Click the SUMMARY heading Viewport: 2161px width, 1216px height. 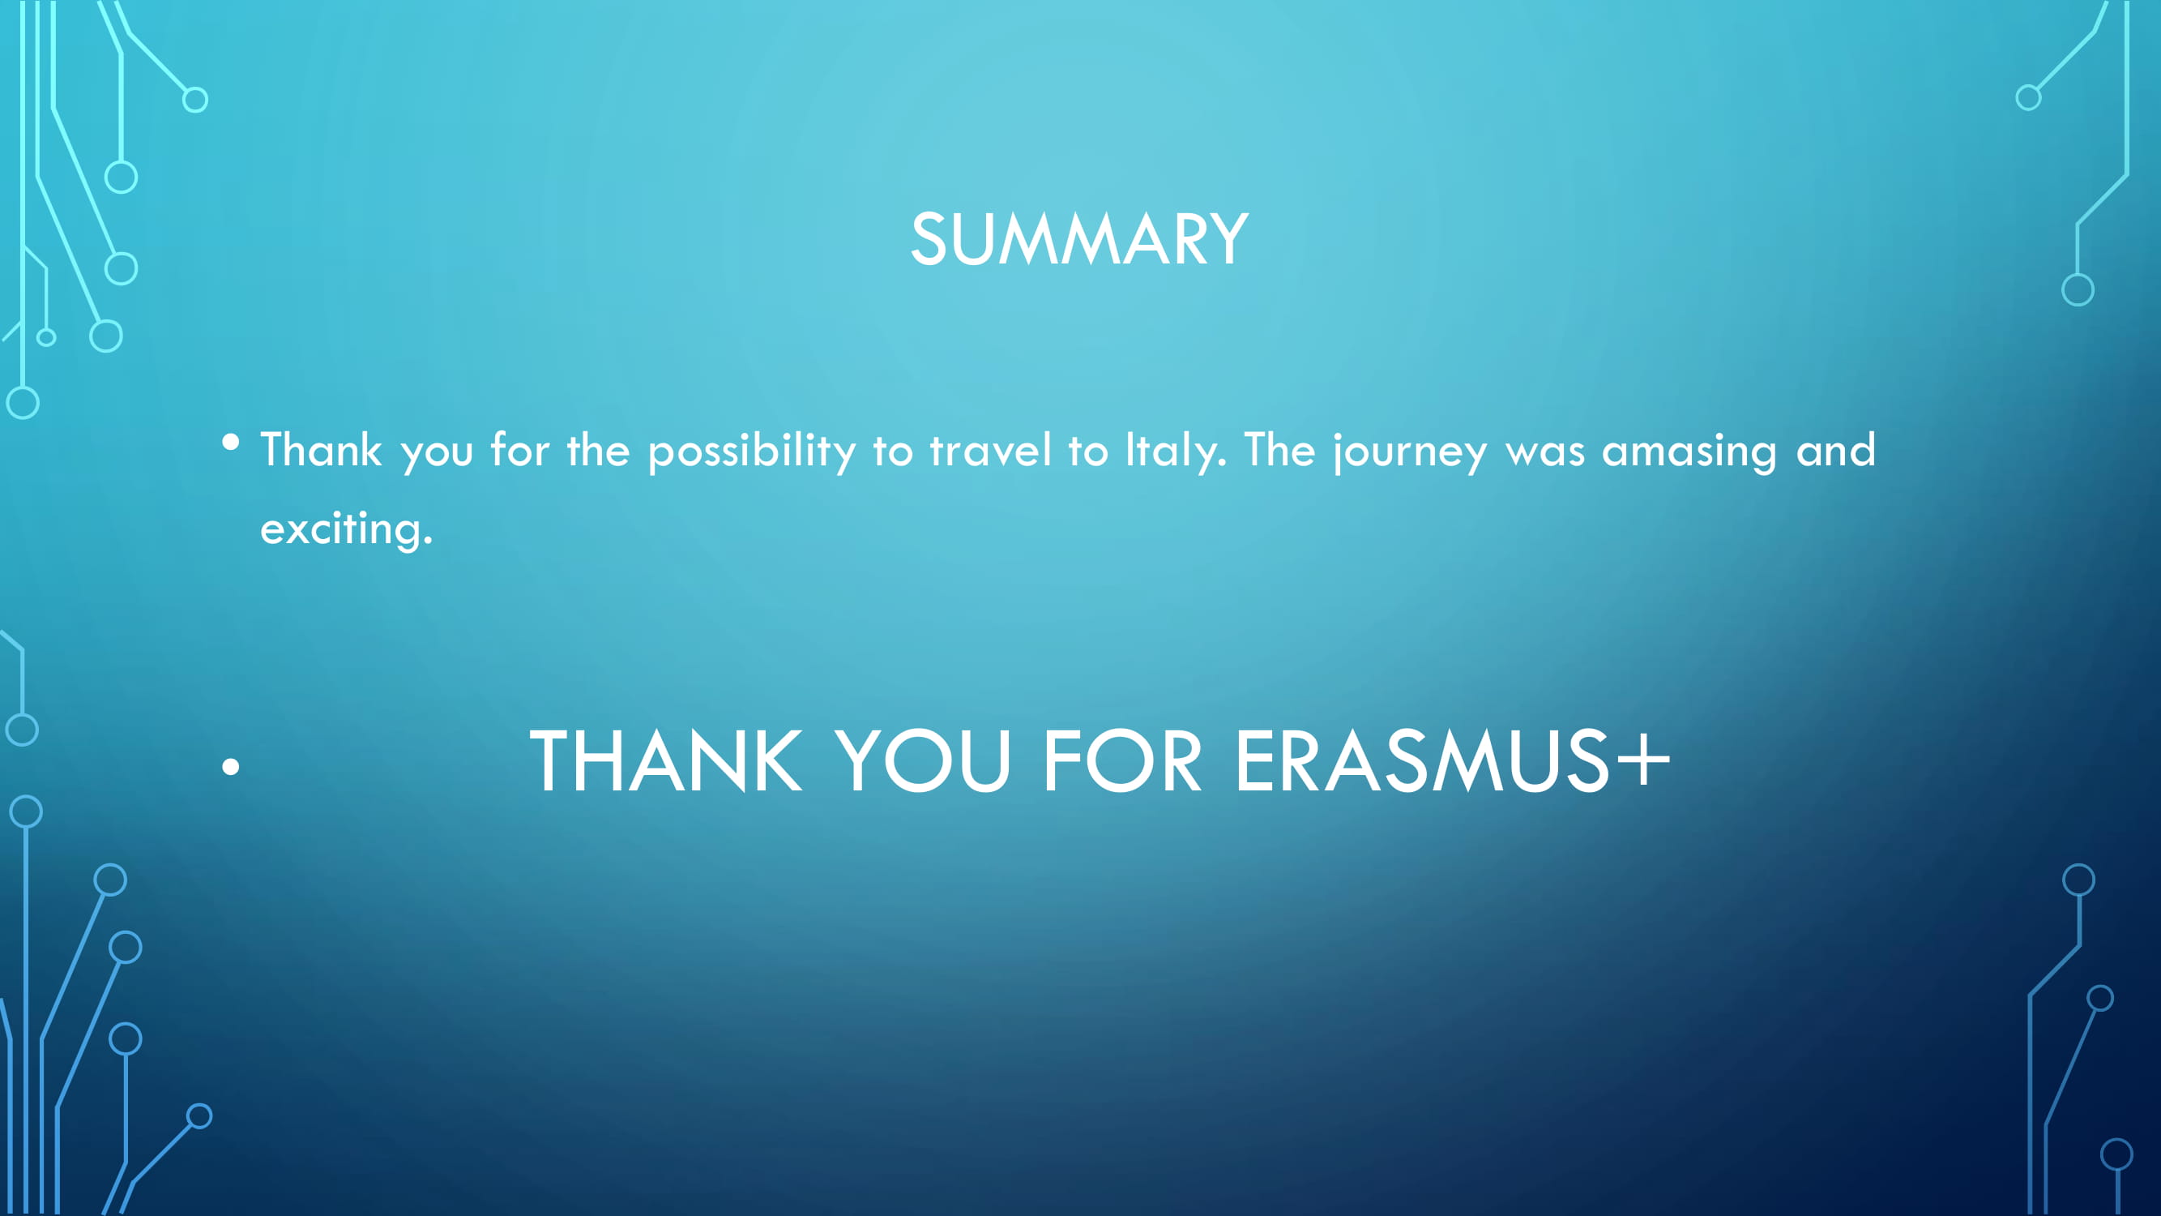pos(1079,240)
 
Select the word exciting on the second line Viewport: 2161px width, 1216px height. pos(347,529)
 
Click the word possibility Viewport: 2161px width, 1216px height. pos(753,452)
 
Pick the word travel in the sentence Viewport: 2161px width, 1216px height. pos(990,450)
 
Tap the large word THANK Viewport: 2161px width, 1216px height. pos(666,760)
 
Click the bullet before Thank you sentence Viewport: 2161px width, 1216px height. pos(231,442)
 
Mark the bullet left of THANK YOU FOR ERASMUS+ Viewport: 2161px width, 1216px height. pos(231,766)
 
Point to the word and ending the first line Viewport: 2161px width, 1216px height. pos(1835,450)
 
